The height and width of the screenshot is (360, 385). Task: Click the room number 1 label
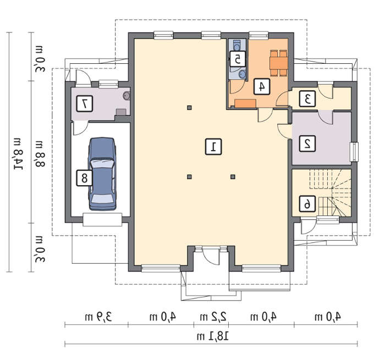point(213,147)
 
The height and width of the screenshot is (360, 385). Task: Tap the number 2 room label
point(307,143)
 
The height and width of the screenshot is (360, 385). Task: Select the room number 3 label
point(307,98)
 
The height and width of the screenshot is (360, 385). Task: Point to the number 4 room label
point(262,87)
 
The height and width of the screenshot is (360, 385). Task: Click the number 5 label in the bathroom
point(237,59)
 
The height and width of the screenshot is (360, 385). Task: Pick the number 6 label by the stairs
point(307,204)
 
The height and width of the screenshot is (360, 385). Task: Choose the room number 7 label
point(84,104)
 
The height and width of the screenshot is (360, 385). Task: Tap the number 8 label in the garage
point(84,178)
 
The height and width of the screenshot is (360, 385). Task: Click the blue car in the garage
point(102,174)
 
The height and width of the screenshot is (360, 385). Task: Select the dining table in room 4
point(279,63)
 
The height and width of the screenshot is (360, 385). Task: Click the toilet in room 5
point(237,45)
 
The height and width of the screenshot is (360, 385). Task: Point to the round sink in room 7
point(127,96)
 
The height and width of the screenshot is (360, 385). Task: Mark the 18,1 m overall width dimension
point(213,336)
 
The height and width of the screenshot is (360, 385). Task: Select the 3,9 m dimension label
point(98,317)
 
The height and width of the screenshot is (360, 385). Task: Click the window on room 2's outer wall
point(354,152)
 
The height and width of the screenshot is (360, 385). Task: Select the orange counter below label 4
point(245,103)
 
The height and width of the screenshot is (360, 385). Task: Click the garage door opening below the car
point(102,219)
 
